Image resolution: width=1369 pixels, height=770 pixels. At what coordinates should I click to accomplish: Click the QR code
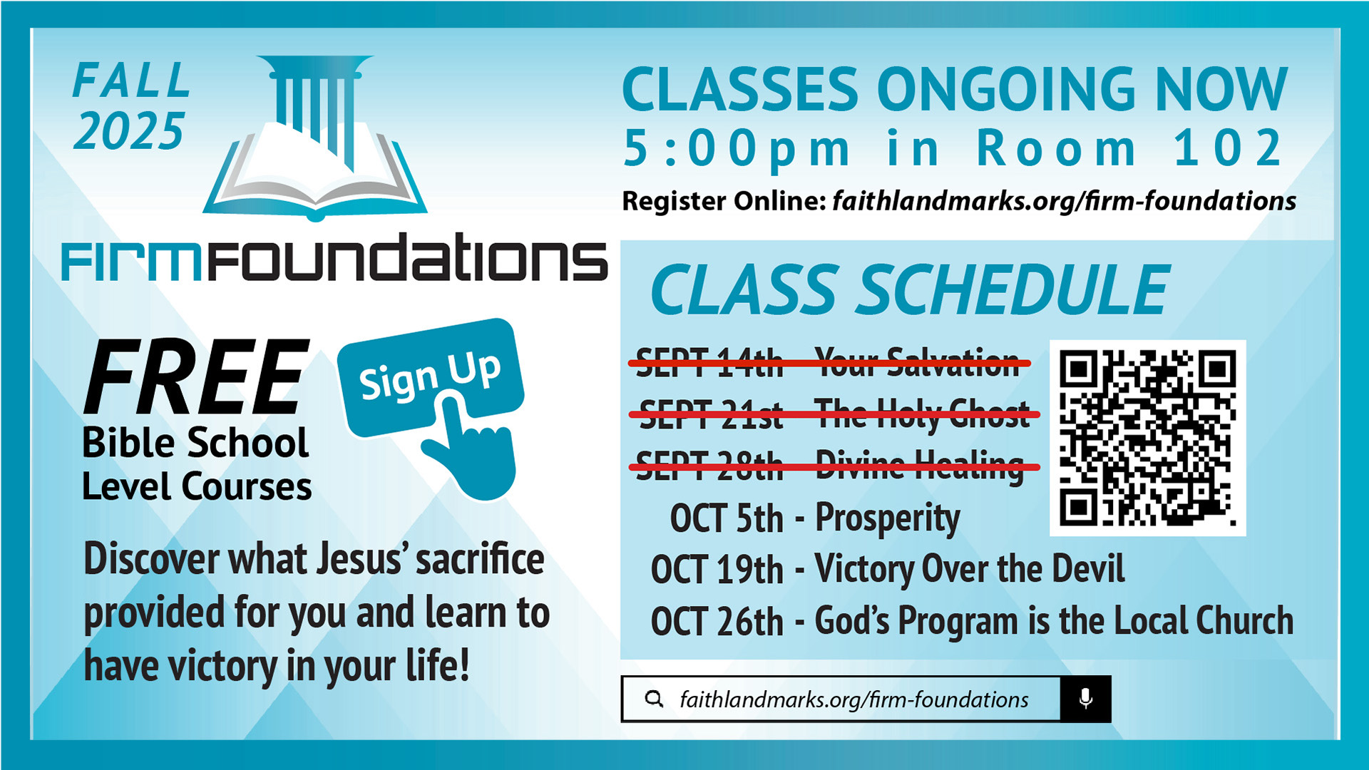tap(1147, 438)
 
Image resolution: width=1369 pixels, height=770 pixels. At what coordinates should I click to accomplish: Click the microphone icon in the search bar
tap(1085, 699)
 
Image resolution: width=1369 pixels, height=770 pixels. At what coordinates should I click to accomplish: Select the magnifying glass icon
tap(654, 699)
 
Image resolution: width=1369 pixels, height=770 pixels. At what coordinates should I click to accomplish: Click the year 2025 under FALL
tap(129, 131)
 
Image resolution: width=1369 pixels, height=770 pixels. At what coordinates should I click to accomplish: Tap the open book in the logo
tap(314, 171)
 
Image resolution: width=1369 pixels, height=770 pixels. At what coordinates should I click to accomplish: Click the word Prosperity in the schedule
tap(887, 519)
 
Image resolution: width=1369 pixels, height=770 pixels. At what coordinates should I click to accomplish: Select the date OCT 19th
tap(717, 570)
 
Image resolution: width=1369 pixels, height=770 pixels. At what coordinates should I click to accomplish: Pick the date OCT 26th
tap(717, 621)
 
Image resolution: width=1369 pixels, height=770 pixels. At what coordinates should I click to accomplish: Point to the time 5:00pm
tap(737, 150)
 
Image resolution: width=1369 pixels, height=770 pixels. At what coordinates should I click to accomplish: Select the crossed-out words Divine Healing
tap(920, 466)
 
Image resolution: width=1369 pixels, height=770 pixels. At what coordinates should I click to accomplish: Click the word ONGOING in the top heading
tap(1007, 89)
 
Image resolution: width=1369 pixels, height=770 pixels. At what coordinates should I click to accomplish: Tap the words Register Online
tap(724, 201)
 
